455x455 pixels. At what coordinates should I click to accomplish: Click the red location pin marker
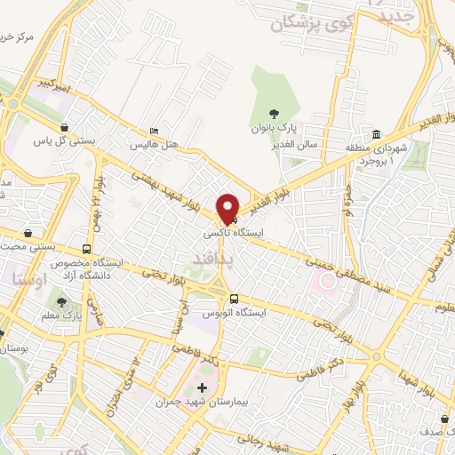tap(229, 208)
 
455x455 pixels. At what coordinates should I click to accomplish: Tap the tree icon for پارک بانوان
tap(274, 114)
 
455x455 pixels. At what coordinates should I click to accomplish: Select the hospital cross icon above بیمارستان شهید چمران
tap(203, 387)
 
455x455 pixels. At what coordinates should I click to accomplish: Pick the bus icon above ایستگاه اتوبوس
tap(234, 299)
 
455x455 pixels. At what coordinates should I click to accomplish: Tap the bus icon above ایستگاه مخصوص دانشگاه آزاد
tap(86, 249)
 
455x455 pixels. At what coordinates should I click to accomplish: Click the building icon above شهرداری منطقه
tap(377, 132)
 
